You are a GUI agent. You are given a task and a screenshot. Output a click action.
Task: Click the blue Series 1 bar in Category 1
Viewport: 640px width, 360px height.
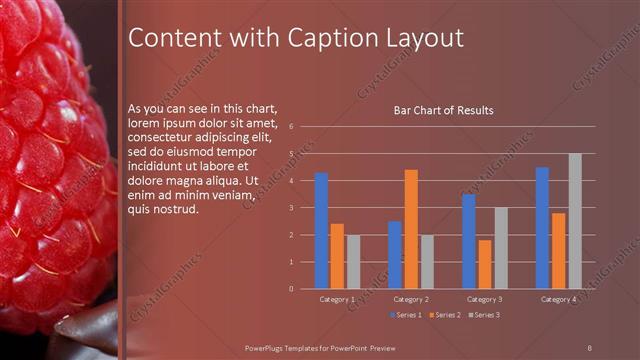point(321,231)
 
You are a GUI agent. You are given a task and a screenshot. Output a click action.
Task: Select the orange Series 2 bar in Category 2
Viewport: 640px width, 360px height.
point(411,229)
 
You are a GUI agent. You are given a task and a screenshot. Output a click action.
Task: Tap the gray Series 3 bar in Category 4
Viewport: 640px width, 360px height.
point(575,221)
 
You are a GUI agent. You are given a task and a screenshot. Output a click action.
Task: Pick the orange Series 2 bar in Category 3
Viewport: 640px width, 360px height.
point(485,264)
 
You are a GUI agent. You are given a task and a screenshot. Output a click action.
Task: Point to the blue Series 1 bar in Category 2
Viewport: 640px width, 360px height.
point(395,255)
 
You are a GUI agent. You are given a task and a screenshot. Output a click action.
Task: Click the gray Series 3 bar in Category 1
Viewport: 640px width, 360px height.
point(353,262)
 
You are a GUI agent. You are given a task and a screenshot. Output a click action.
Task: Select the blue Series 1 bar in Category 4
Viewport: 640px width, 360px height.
point(542,228)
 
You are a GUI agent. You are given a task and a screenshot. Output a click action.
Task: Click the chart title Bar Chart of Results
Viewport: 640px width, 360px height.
point(443,110)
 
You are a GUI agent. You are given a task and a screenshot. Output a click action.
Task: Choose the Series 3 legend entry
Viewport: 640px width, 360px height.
point(484,315)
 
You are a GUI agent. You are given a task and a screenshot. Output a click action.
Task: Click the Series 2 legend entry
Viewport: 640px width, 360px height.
point(443,315)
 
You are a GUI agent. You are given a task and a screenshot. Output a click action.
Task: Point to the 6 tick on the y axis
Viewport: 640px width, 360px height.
point(290,127)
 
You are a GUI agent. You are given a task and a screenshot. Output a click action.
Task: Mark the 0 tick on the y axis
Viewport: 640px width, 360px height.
point(290,289)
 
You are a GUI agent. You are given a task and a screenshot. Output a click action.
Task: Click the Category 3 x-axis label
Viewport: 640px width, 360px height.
point(485,299)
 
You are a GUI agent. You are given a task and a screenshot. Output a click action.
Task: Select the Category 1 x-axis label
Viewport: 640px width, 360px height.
point(337,299)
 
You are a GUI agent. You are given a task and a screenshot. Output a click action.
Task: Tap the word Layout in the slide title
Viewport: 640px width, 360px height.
point(427,38)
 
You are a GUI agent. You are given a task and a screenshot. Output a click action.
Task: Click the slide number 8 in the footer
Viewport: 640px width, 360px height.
point(590,346)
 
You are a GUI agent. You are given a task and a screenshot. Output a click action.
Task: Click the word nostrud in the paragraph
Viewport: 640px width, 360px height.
point(178,210)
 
